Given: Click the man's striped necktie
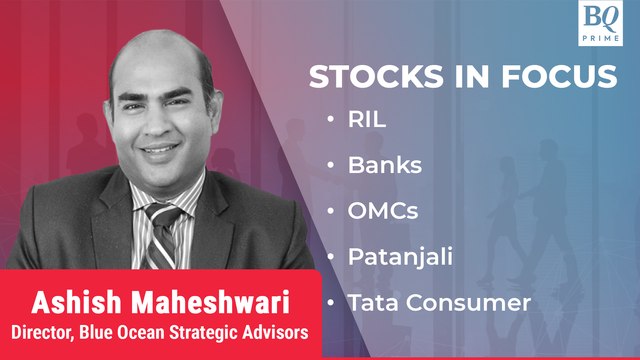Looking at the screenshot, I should tap(162, 230).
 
